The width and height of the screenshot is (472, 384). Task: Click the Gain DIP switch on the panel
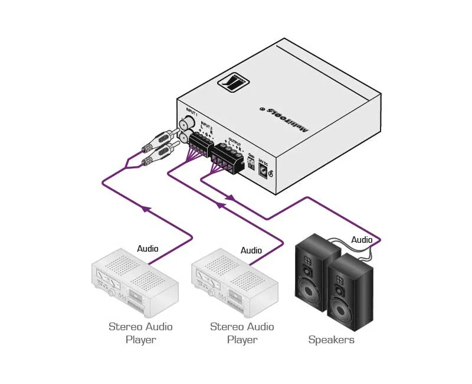[252, 166]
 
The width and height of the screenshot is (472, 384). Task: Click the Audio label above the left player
[147, 249]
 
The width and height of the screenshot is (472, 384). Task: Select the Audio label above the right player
[251, 250]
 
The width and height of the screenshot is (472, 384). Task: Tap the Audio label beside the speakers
[362, 240]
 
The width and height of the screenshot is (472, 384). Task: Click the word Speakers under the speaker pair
[332, 340]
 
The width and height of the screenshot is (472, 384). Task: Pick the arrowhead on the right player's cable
[221, 205]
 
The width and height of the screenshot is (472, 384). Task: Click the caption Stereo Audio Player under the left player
[140, 333]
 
